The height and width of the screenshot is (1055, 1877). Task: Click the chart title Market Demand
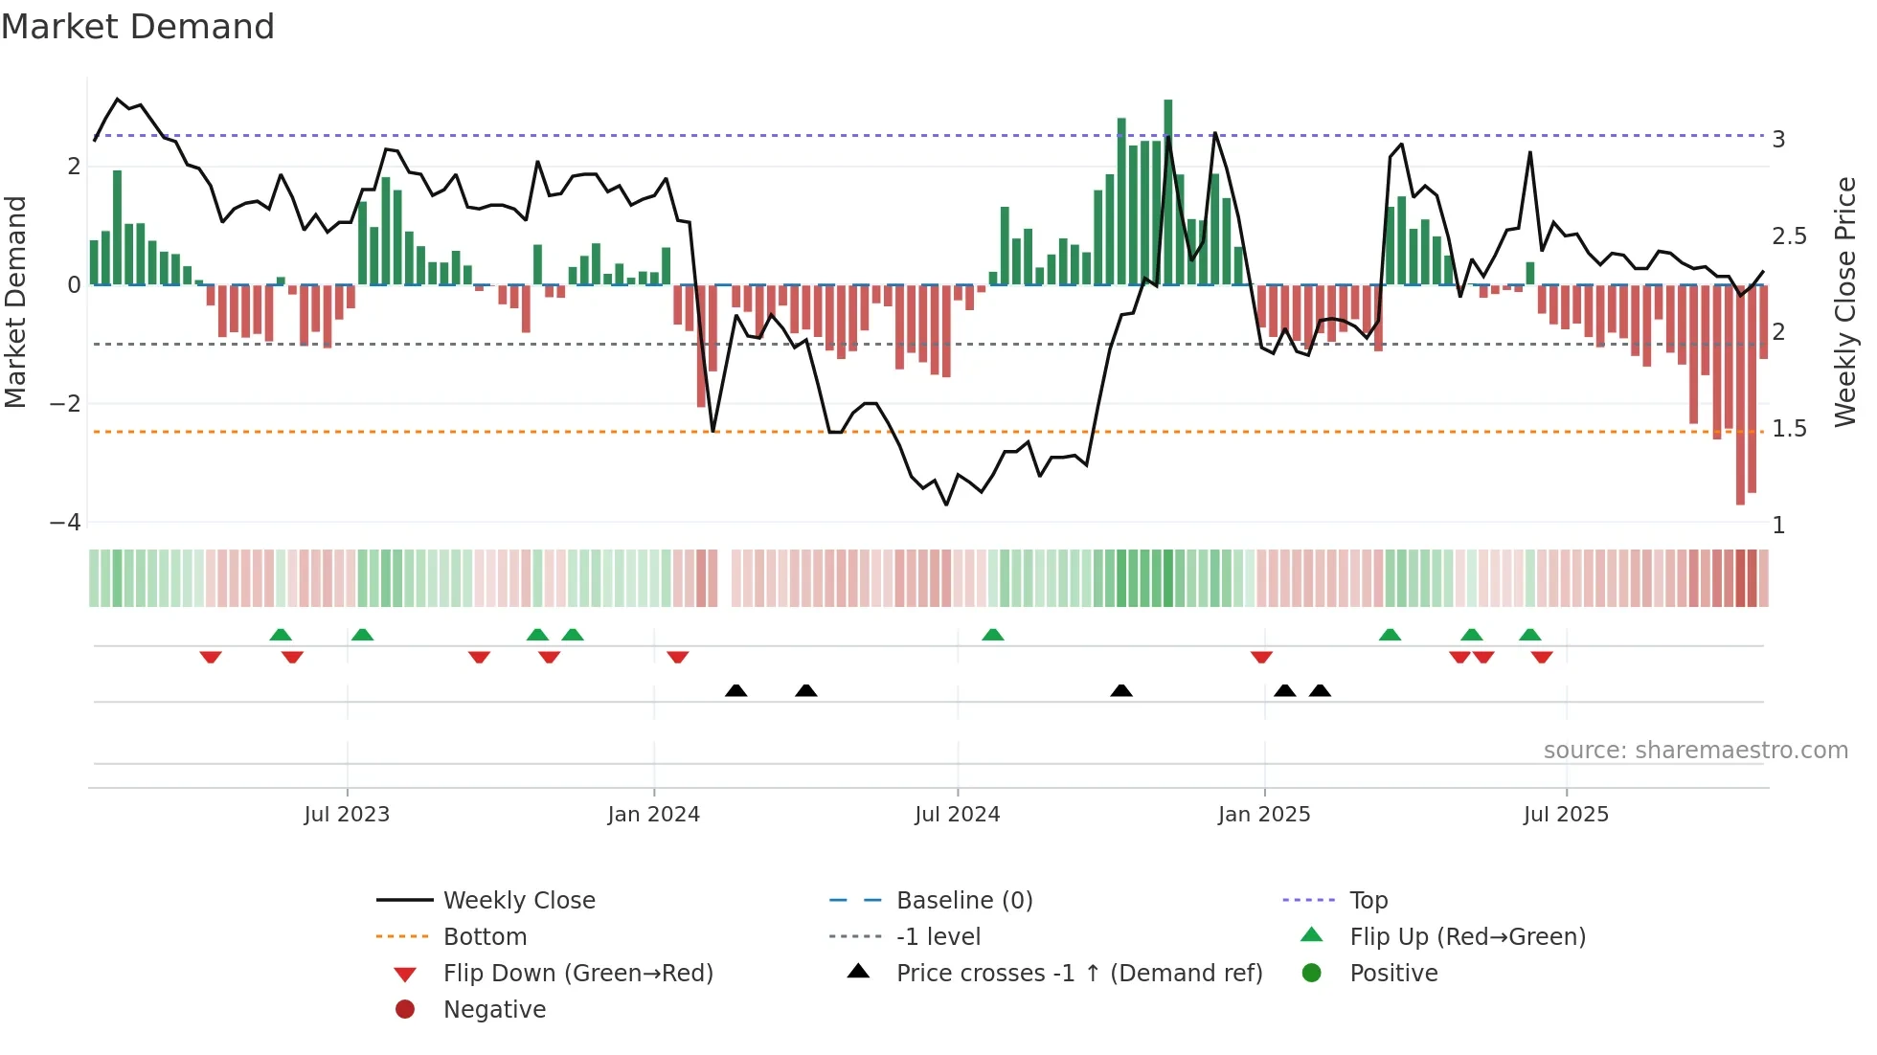coord(138,27)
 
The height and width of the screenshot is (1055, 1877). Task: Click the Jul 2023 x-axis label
coord(347,815)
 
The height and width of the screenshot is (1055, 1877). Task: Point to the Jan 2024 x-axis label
coord(653,815)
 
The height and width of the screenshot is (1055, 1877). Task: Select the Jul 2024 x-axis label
coord(957,815)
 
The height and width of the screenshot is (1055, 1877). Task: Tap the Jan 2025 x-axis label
coord(1264,815)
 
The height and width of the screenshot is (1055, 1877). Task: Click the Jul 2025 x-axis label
coord(1566,815)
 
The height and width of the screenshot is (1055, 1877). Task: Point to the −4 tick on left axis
coord(65,523)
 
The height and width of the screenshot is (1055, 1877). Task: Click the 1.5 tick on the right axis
coord(1788,429)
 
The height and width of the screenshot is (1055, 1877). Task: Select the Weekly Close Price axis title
coord(1845,302)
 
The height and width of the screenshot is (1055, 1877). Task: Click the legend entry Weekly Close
coord(518,901)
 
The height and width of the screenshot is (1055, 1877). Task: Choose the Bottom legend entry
coord(485,937)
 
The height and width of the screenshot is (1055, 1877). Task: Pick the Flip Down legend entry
coord(577,974)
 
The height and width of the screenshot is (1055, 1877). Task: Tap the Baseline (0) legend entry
coord(963,901)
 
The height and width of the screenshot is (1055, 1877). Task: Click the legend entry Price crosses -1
coord(1078,974)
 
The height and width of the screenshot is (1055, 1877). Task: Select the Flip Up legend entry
coord(1467,937)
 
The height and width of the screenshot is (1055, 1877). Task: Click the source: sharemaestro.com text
coord(1695,751)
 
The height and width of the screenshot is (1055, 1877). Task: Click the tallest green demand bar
coord(1167,191)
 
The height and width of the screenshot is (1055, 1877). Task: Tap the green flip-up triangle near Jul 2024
coord(993,635)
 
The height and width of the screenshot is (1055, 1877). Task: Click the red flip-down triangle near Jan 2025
coord(1261,657)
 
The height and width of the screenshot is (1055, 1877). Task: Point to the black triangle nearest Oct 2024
coord(1121,690)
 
